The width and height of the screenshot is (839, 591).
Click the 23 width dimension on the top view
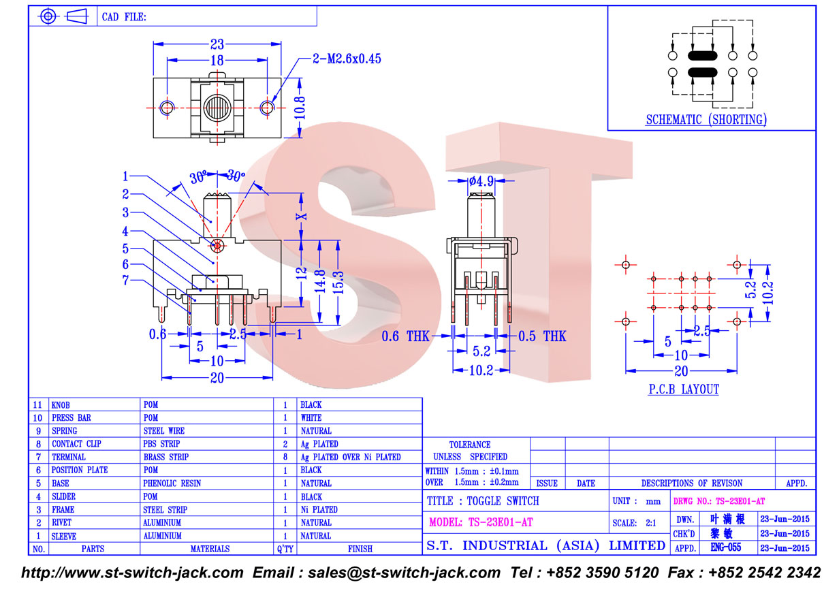pos(217,44)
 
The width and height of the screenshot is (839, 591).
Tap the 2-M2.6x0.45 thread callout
pos(347,59)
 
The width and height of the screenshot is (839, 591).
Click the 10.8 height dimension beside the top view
pos(300,108)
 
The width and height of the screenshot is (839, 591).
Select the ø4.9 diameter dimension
pos(481,181)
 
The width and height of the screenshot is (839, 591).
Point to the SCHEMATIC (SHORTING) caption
pos(706,119)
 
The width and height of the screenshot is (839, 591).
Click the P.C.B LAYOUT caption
pos(684,389)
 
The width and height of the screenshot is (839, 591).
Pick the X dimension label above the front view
pos(302,217)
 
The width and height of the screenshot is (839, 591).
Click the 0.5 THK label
pos(542,336)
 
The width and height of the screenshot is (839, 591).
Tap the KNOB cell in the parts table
pos(61,405)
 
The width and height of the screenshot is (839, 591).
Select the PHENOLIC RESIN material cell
pos(172,483)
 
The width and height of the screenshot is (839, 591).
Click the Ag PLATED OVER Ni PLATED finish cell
pos(351,457)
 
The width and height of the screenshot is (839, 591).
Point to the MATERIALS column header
pos(210,549)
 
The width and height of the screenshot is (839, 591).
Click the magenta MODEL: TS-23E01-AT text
pos(481,522)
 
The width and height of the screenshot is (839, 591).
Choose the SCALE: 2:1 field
pos(634,523)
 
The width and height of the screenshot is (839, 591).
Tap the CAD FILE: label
pos(124,17)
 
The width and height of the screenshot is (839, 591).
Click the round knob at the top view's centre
pos(217,108)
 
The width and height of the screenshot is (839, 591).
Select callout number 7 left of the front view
pos(125,280)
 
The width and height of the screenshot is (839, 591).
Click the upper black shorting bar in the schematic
pos(702,56)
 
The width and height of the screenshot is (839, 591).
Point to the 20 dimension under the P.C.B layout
pos(681,371)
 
